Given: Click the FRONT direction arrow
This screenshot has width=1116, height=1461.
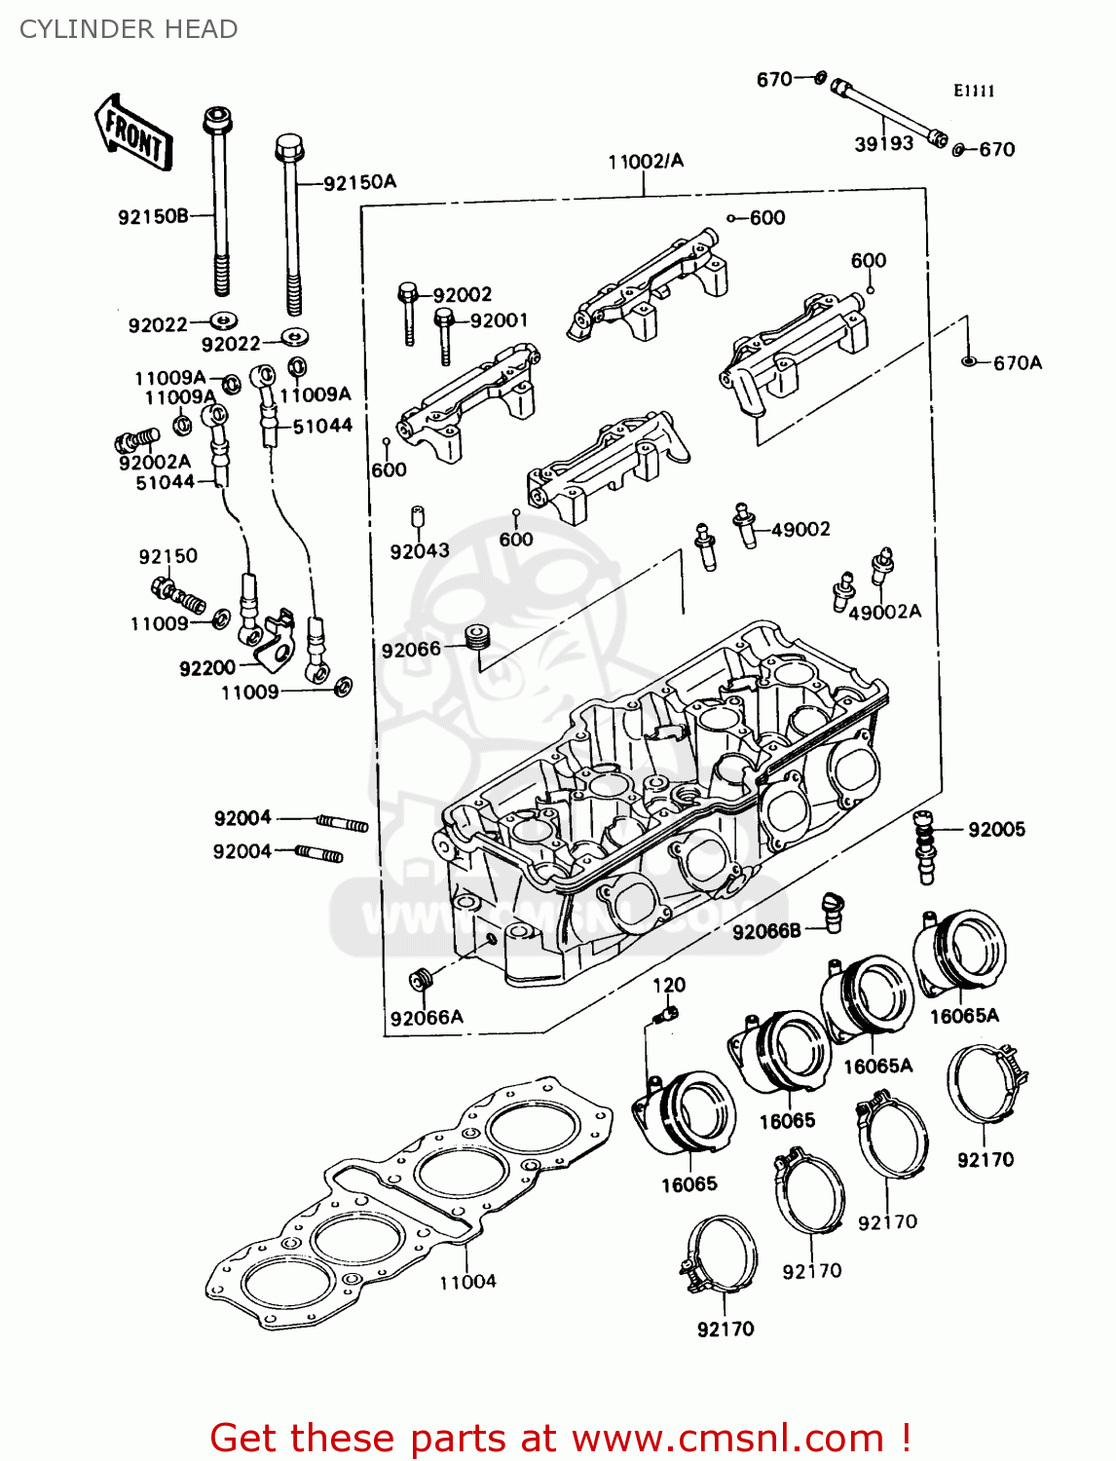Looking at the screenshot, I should point(133,133).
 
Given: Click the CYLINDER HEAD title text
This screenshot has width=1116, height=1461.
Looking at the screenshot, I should point(129,29).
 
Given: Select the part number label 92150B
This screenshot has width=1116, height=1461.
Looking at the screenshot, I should point(153,217).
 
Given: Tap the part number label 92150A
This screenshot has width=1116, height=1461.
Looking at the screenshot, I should point(359,182).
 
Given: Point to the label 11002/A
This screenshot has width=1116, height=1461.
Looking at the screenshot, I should point(646,162).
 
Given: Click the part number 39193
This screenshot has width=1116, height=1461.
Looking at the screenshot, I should point(883,144).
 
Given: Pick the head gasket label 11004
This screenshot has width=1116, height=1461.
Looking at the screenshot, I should point(467,1282).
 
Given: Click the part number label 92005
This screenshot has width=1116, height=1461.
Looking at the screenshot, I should point(996,830).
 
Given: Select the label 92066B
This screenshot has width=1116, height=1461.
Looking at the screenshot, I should point(766,932).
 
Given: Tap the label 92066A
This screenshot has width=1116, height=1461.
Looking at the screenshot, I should point(427,1018).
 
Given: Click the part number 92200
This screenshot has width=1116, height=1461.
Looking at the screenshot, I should point(207,668).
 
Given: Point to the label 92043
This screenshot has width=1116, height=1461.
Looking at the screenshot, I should point(420,551).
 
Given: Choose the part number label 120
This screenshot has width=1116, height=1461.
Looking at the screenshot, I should point(669,985).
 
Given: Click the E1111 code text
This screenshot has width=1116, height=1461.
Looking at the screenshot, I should point(974,92).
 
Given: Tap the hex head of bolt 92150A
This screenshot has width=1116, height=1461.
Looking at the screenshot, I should point(289,149).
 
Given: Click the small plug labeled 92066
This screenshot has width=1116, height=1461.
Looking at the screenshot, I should point(476,638).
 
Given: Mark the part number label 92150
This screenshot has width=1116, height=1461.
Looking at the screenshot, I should point(167,556).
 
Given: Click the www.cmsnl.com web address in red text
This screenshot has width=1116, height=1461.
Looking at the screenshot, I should point(726,1438).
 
